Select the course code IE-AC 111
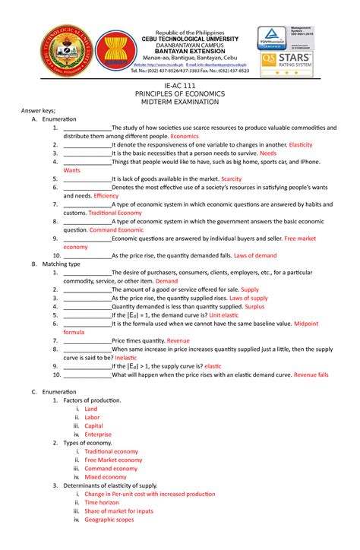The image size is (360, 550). pyautogui.click(x=180, y=87)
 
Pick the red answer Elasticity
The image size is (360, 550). pyautogui.click(x=295, y=144)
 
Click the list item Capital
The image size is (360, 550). pyautogui.click(x=95, y=426)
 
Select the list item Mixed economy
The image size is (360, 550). pyautogui.click(x=106, y=477)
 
